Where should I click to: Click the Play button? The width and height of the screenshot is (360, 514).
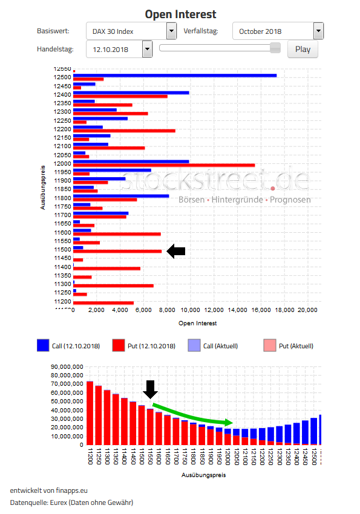[303, 49]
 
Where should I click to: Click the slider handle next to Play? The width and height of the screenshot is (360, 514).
[275, 48]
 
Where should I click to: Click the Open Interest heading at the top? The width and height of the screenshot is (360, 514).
[180, 14]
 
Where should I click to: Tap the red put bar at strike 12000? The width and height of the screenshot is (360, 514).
[163, 165]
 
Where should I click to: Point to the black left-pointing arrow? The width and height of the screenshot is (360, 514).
[176, 251]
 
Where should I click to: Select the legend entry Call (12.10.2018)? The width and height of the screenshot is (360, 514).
[68, 346]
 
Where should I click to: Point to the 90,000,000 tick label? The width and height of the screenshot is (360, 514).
[67, 366]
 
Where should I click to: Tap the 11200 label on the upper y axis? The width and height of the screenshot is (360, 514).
[62, 301]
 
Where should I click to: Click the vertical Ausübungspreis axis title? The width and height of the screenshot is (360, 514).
[43, 187]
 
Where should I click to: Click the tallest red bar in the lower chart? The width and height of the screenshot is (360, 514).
[90, 413]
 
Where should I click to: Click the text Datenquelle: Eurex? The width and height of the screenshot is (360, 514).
[71, 502]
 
